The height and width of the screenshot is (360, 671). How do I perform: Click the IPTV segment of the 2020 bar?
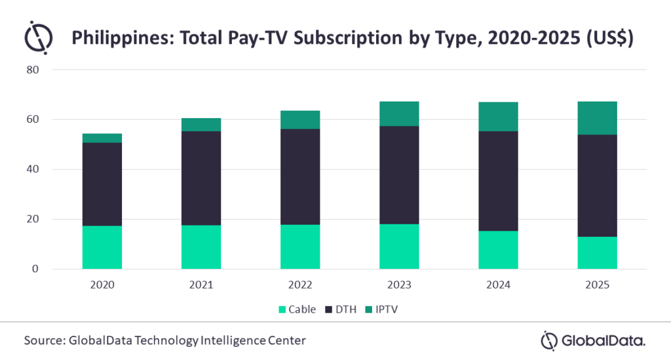(102, 138)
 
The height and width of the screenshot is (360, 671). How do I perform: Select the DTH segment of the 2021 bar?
(201, 178)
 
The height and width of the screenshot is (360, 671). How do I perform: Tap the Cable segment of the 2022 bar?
(300, 247)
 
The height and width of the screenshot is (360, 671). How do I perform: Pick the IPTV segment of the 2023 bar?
(399, 113)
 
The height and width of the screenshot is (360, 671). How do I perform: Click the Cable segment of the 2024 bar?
(498, 250)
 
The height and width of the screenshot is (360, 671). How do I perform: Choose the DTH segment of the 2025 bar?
(597, 186)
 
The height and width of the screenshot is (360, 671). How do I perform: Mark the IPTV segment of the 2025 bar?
(597, 118)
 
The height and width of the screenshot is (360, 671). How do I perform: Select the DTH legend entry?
(344, 309)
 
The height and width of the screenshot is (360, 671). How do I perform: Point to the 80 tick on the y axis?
(33, 70)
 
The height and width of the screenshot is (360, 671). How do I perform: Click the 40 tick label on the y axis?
(33, 169)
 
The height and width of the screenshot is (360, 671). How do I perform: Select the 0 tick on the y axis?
(36, 269)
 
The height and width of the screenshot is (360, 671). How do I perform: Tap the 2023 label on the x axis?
(399, 285)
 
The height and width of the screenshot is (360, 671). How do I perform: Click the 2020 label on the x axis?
(102, 285)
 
